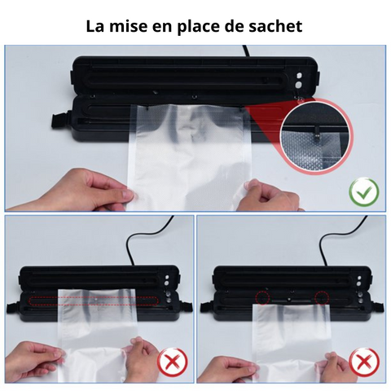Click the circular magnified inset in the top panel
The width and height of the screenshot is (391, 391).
[314, 134]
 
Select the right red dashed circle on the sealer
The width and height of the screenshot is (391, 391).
[321, 297]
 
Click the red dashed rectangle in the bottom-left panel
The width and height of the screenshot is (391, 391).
[91, 299]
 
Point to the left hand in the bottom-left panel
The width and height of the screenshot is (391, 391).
[37, 358]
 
